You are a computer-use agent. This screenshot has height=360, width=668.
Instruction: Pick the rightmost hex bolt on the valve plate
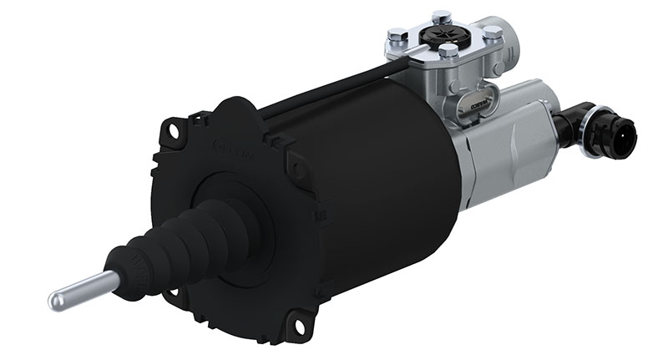(493, 33)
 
